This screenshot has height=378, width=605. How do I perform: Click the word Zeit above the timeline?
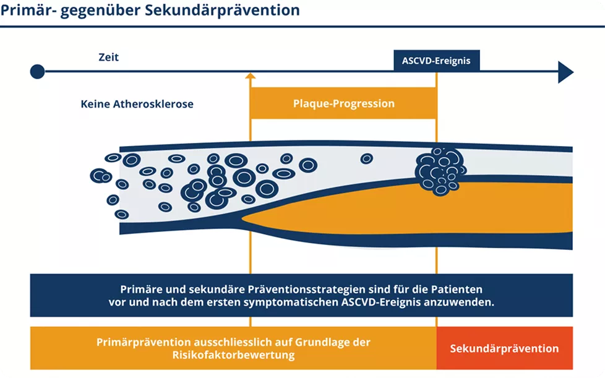[108, 58]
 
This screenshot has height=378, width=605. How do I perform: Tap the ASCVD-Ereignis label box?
[436, 61]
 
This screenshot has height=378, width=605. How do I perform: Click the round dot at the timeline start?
[37, 72]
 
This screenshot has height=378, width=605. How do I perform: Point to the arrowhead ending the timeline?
[565, 72]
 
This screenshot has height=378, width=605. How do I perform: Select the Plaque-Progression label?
[343, 103]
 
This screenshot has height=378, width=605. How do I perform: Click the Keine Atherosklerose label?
[137, 104]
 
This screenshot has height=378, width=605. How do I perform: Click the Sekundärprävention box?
[504, 348]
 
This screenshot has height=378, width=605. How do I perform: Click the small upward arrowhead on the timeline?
[250, 77]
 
